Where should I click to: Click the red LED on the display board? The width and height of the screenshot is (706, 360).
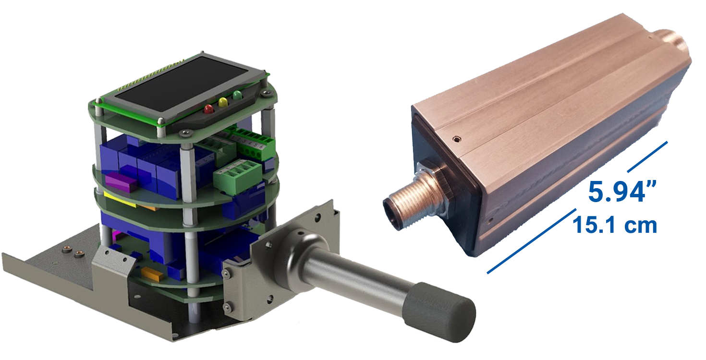(208, 109)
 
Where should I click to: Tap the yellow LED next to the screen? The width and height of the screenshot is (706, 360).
(223, 102)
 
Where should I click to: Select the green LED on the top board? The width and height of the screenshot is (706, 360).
(237, 95)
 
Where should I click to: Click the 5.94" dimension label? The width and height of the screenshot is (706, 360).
(622, 192)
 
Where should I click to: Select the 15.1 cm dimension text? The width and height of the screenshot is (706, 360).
(615, 225)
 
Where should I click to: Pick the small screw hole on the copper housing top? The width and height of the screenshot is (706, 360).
(456, 138)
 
